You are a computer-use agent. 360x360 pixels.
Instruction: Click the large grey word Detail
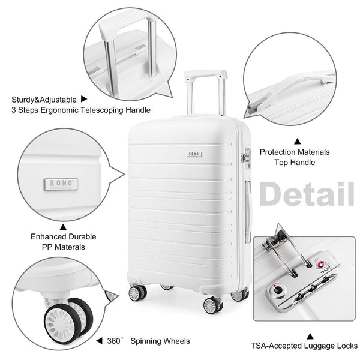306,193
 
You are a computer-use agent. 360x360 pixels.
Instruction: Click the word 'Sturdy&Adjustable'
43,100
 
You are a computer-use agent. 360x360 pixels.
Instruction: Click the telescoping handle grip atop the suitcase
206,76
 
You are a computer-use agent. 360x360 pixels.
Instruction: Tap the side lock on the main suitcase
245,157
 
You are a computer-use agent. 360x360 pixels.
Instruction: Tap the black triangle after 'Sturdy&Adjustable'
85,100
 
